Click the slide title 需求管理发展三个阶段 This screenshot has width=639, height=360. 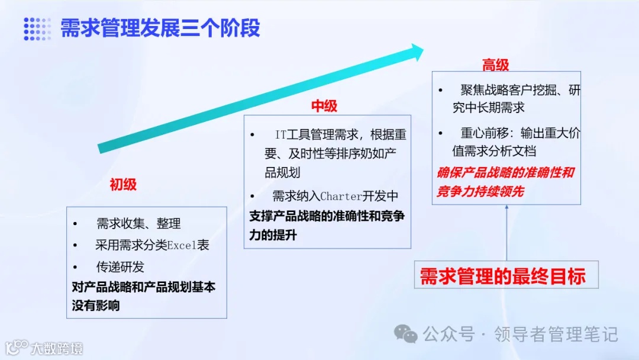160,28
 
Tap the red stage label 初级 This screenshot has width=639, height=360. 123,185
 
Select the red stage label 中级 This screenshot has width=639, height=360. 324,106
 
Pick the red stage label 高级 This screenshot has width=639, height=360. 496,65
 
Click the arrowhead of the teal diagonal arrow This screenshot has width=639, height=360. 417,52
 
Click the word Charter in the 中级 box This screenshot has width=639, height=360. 341,197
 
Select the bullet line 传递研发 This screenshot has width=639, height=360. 120,267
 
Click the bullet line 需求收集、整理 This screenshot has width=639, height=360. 138,224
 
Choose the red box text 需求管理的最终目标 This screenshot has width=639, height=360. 502,277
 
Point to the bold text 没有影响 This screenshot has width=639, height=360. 96,306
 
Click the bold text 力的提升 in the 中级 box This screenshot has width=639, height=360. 273,235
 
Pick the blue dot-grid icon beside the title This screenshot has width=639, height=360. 37,29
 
